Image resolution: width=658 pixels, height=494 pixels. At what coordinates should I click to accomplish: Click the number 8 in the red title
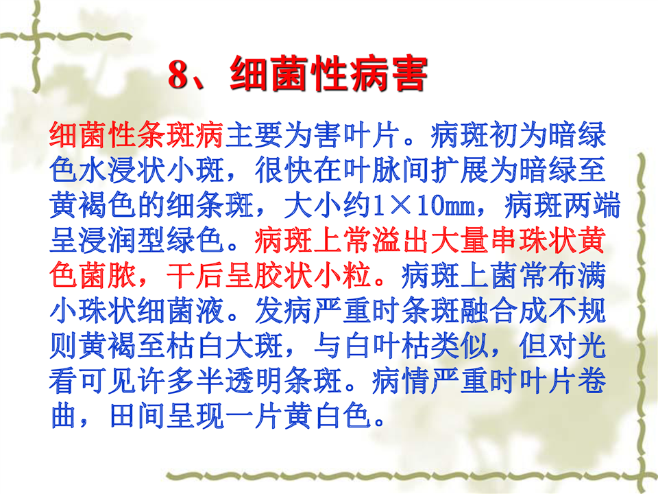179,74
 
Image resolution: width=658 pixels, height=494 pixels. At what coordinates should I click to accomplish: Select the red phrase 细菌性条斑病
137,135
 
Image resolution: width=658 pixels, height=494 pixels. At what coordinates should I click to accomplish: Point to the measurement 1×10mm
425,206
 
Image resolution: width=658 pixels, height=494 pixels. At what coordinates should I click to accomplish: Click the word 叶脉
373,171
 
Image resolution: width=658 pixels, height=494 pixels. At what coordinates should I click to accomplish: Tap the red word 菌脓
108,276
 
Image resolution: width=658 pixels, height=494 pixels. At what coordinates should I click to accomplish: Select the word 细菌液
181,311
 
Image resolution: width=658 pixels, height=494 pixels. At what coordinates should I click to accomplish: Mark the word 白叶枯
387,346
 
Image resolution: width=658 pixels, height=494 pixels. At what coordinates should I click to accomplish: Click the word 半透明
240,381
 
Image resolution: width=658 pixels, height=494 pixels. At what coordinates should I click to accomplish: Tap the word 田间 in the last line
137,416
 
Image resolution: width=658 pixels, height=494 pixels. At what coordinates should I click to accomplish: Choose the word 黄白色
328,416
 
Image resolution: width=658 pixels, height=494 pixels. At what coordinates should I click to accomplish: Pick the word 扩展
461,171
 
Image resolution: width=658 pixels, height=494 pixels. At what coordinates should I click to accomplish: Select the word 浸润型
123,241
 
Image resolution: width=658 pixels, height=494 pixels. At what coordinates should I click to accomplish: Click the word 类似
461,346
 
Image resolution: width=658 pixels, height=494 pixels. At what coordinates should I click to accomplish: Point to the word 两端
592,206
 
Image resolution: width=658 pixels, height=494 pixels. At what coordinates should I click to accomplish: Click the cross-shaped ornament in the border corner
37,37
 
